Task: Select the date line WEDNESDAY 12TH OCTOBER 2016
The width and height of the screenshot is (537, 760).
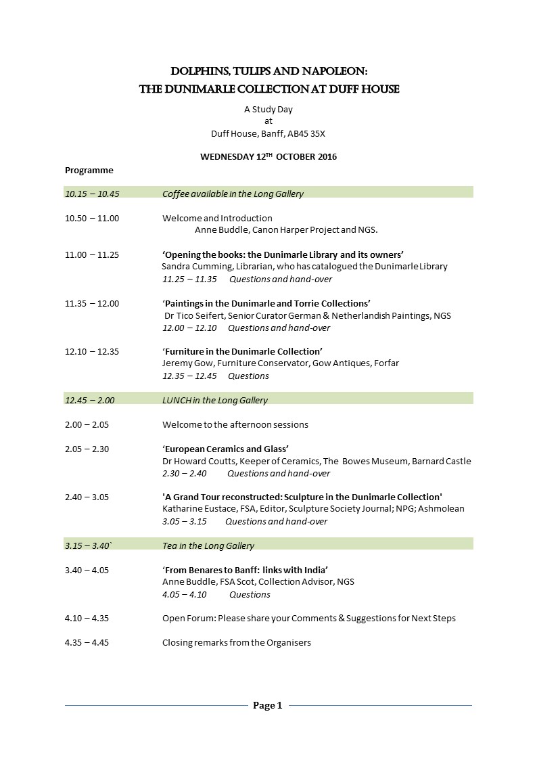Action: click(x=268, y=157)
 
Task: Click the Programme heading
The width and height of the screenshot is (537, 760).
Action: click(x=89, y=170)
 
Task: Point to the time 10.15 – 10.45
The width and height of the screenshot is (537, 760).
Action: click(x=92, y=194)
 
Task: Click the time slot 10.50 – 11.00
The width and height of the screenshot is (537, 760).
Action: click(x=92, y=218)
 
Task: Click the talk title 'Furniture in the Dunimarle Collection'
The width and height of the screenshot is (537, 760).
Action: click(x=242, y=351)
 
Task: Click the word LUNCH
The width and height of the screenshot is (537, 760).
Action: click(x=177, y=400)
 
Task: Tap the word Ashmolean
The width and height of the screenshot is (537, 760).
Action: click(x=443, y=509)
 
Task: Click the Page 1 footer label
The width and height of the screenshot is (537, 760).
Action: click(x=268, y=706)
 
